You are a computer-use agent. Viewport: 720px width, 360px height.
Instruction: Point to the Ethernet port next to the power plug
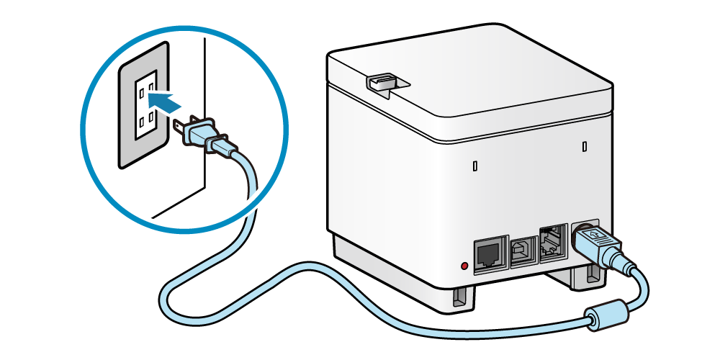pyautogui.click(x=552, y=241)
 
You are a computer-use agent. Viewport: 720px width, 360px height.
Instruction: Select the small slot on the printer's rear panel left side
pyautogui.click(x=475, y=166)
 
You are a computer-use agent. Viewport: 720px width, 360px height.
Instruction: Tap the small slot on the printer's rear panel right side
pyautogui.click(x=584, y=147)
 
